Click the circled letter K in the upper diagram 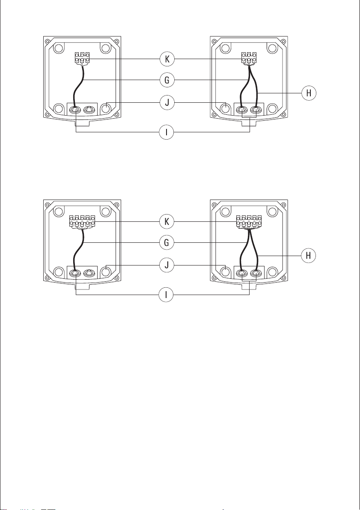pyautogui.click(x=167, y=59)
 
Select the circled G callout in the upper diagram pyautogui.click(x=167, y=80)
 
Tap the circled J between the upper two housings pyautogui.click(x=167, y=103)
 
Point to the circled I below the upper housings pyautogui.click(x=167, y=132)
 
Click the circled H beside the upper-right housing pyautogui.click(x=308, y=93)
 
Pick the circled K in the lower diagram pyautogui.click(x=167, y=221)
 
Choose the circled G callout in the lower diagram pyautogui.click(x=167, y=242)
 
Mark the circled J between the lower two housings pyautogui.click(x=167, y=265)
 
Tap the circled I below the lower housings pyautogui.click(x=167, y=295)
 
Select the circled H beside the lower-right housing pyautogui.click(x=308, y=256)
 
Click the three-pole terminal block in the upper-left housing pyautogui.click(x=82, y=57)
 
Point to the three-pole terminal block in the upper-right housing pyautogui.click(x=249, y=57)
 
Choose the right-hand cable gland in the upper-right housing pyautogui.click(x=256, y=109)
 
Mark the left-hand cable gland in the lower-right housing pyautogui.click(x=243, y=273)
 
